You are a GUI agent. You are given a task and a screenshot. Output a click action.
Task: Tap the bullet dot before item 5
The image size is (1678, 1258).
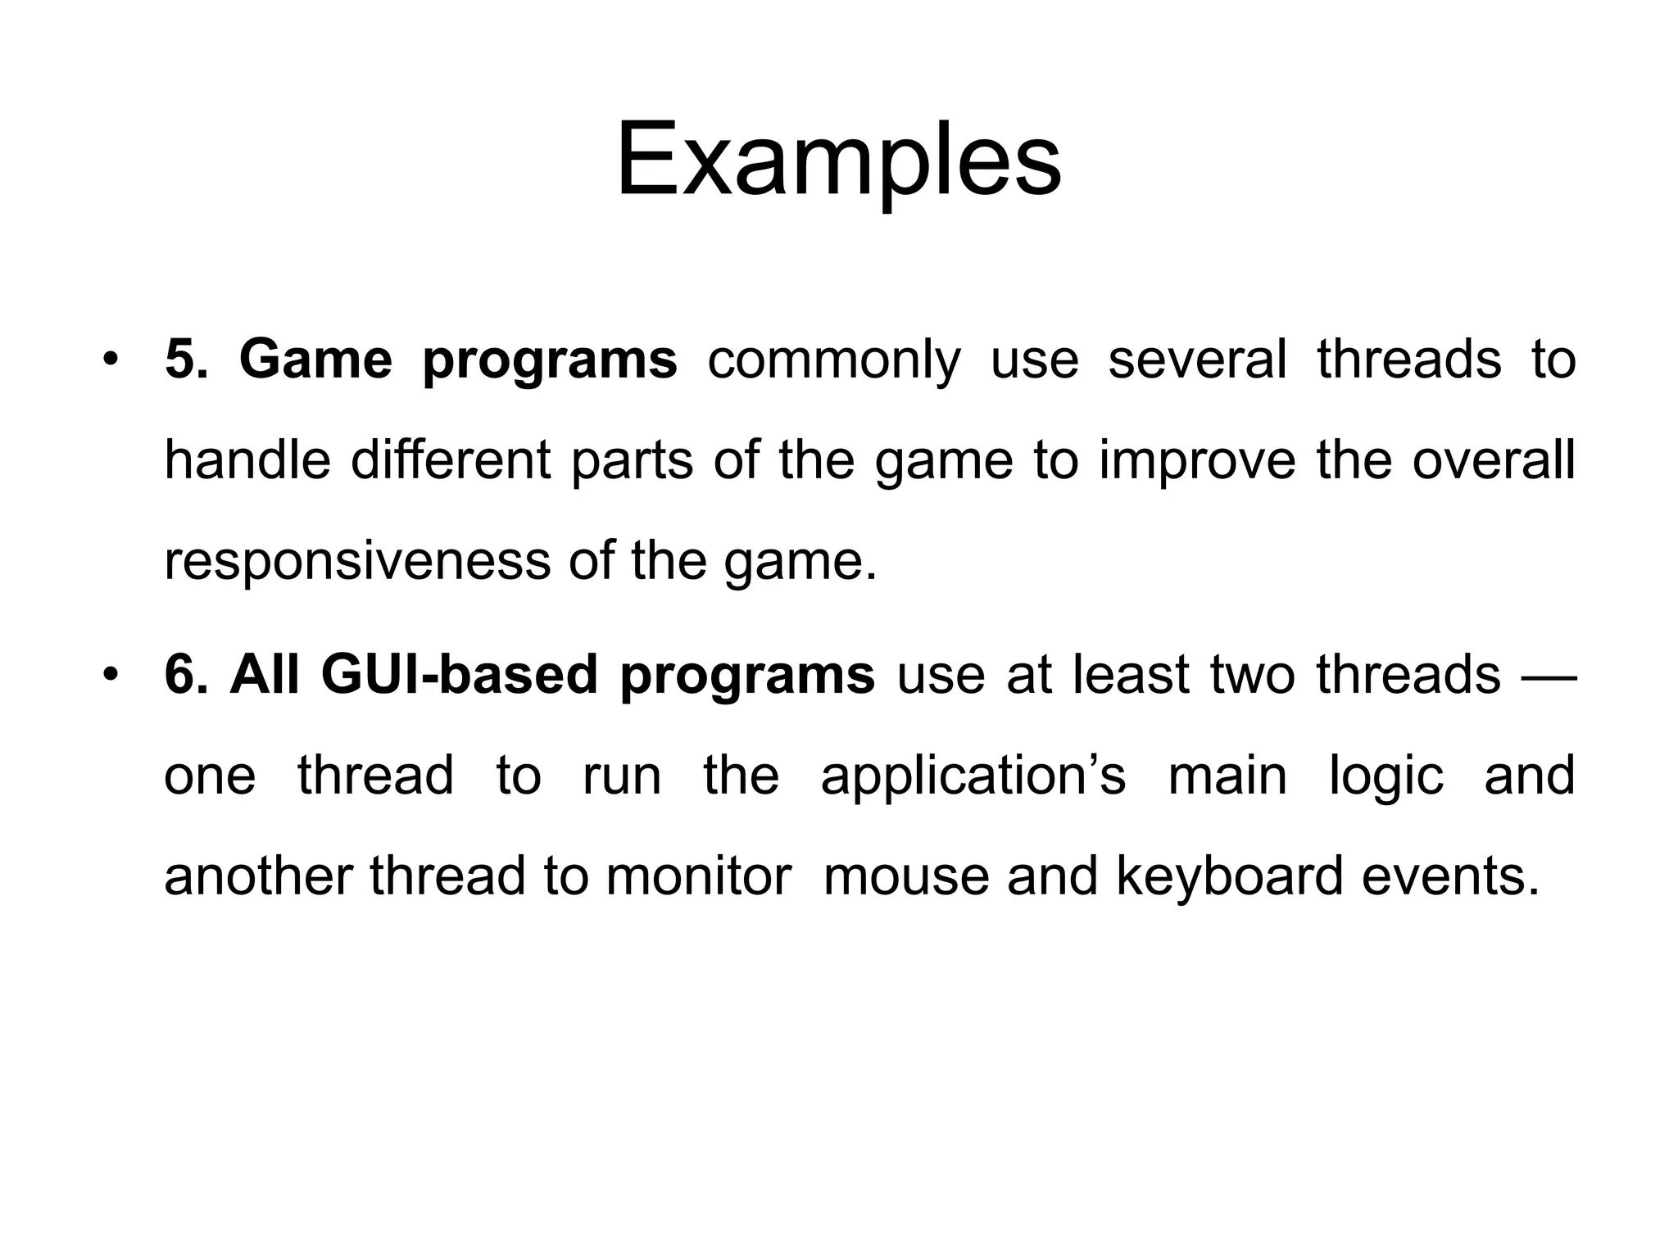tap(111, 360)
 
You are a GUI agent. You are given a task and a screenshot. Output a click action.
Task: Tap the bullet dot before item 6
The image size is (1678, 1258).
tap(111, 675)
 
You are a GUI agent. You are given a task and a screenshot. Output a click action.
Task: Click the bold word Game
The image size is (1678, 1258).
tap(315, 360)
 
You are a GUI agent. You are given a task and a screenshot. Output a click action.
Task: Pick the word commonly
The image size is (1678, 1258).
tap(833, 361)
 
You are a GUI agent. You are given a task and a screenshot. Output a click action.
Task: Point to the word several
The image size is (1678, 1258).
tap(1197, 360)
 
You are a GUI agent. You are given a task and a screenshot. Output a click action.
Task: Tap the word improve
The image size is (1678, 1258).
tap(1197, 461)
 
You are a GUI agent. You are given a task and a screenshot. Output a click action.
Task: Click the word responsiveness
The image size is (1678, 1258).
tap(357, 562)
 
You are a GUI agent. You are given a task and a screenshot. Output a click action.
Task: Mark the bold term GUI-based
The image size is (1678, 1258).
tap(459, 675)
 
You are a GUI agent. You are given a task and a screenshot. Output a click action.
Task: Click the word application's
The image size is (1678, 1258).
tap(973, 776)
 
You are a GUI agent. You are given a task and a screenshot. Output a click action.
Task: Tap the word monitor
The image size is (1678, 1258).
tap(698, 876)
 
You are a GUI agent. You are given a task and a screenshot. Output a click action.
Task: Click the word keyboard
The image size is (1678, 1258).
tap(1229, 877)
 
